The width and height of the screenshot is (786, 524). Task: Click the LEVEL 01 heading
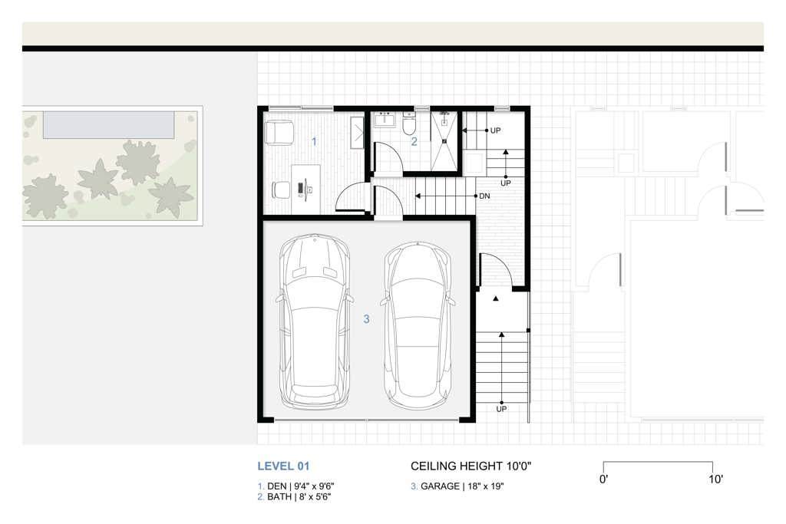tap(283, 466)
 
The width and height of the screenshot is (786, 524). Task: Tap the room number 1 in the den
tap(314, 142)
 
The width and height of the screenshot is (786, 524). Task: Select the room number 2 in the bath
tap(414, 142)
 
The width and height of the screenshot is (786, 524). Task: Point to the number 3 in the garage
tap(366, 319)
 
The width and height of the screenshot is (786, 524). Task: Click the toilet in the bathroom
tap(409, 124)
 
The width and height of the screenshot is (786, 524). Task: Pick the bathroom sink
tap(385, 120)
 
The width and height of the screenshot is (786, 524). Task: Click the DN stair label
tap(484, 196)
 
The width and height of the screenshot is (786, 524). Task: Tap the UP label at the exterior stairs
tap(501, 409)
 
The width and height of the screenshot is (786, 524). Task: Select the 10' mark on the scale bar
tap(716, 480)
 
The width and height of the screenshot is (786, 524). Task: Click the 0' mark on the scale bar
tap(603, 480)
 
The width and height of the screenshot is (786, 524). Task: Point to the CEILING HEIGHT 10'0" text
tap(471, 466)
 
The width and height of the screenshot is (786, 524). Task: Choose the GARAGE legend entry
tap(457, 486)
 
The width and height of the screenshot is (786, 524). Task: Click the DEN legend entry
tap(296, 486)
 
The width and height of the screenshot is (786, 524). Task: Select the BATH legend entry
tap(294, 497)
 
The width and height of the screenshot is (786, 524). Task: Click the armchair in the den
tap(279, 133)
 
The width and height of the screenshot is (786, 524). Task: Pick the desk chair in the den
tap(281, 190)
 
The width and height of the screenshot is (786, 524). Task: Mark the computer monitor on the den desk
tap(300, 189)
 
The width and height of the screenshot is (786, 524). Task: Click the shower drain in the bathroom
tap(444, 141)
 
